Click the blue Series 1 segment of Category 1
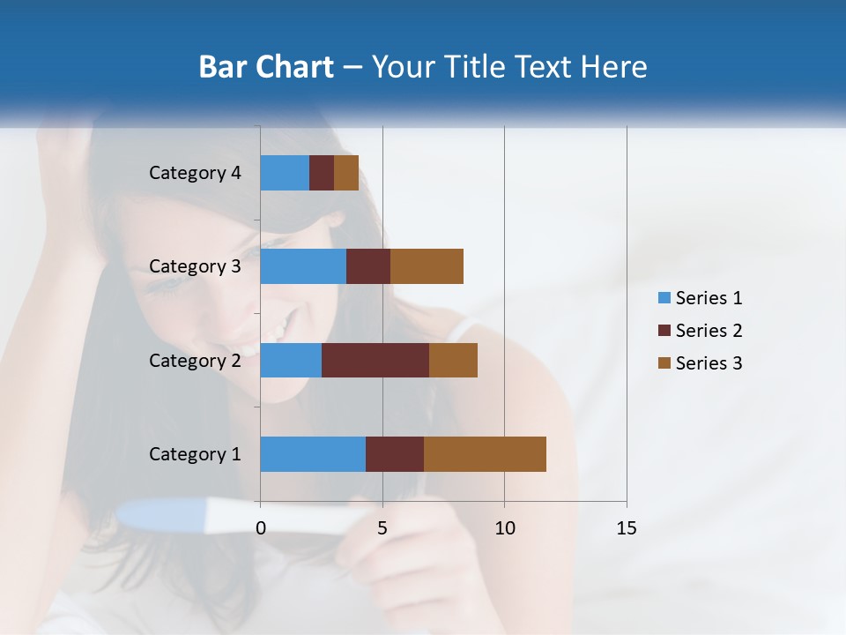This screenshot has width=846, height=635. pos(312,454)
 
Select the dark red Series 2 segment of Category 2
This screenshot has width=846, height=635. pos(375,360)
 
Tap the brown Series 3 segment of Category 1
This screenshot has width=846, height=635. pos(485,454)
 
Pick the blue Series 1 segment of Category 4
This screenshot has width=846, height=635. pos(284,173)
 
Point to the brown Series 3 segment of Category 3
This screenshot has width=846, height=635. pos(427,266)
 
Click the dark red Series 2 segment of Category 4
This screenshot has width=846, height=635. pos(322,173)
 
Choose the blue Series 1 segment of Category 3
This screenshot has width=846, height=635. pos(302,266)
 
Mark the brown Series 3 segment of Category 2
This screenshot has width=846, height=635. pos(453,360)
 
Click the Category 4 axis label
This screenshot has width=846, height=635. pos(195,173)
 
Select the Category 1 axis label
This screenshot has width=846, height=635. pos(195,454)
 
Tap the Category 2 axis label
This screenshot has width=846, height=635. pos(195,360)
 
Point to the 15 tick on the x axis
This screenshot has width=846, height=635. pos(626,528)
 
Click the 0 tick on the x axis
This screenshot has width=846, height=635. pos(260,528)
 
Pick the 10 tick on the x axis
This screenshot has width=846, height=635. pos(504,528)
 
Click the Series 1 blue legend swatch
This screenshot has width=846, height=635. pos(664,298)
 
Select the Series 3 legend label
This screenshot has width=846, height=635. pos(709,363)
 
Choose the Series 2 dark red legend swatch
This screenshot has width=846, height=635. pos(664,331)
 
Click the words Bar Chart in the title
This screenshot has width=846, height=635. pos(266,67)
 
